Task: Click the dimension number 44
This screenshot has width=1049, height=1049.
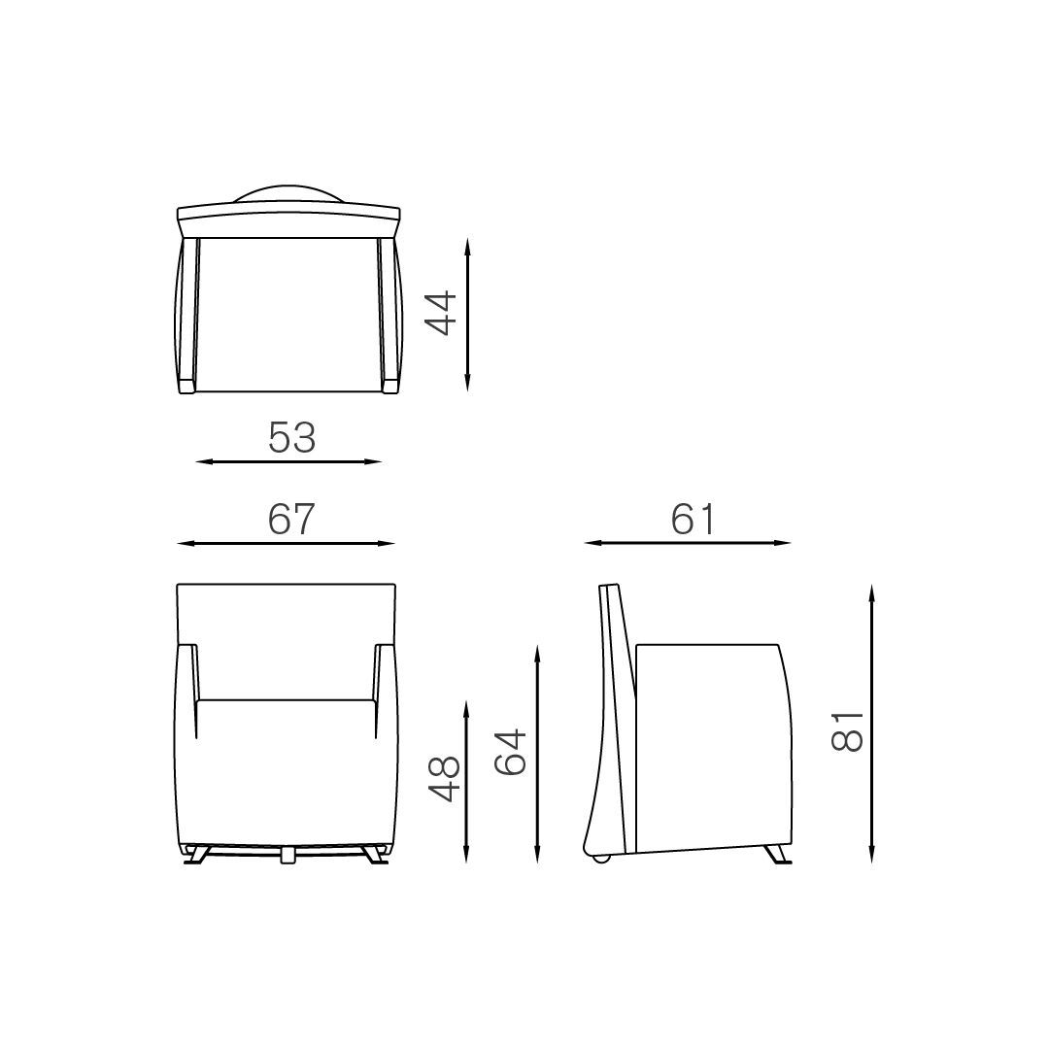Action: point(441,313)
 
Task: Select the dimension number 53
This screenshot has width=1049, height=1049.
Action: point(291,437)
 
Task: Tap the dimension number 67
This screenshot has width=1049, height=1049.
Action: point(291,519)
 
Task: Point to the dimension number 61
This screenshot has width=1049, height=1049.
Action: point(694,519)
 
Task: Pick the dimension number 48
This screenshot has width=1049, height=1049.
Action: point(444,779)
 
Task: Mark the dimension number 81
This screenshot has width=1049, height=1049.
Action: point(848,731)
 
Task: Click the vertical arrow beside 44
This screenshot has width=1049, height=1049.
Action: point(467,315)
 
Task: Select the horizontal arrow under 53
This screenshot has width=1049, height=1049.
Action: point(288,461)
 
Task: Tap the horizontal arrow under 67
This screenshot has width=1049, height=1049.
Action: point(287,543)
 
